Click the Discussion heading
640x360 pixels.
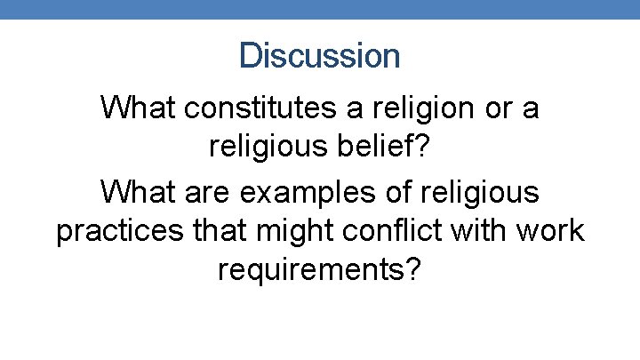tap(320, 56)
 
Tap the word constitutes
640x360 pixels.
tap(261, 108)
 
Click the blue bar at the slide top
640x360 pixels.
tap(320, 9)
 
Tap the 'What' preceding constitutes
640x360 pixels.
tap(136, 108)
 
